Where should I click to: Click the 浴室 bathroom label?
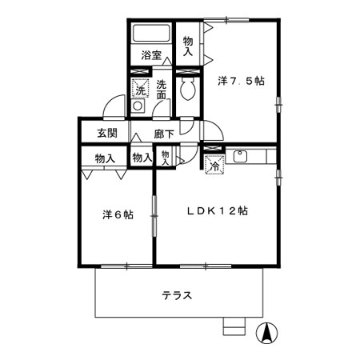click(152, 55)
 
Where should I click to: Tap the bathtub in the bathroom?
click(151, 35)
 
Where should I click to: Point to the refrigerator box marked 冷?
click(214, 165)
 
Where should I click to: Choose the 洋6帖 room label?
click(117, 215)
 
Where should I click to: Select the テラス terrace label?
click(177, 295)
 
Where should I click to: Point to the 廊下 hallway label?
click(164, 133)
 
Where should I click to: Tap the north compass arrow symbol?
click(268, 332)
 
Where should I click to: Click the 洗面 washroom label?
click(162, 90)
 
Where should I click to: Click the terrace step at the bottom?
click(234, 326)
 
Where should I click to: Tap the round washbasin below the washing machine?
click(138, 106)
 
